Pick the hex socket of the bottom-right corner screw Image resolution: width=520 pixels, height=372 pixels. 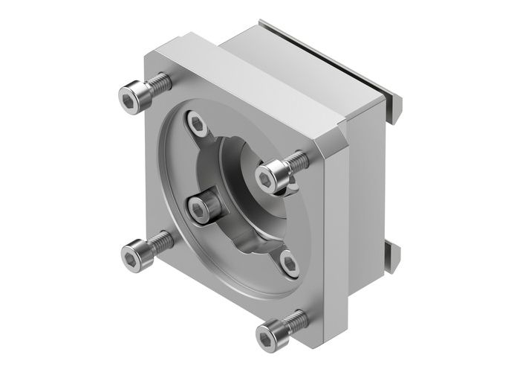pyautogui.click(x=267, y=334)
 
